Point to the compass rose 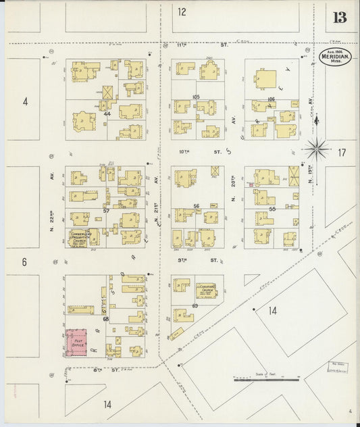coord(316,148)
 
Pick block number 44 coord(107,114)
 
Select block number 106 coord(272,99)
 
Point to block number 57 coord(106,211)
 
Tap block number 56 coord(197,207)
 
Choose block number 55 coord(272,209)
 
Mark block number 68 coord(105,318)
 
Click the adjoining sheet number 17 coord(342,153)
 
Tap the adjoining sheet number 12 coord(182,11)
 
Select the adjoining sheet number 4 coord(25,102)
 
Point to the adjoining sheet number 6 coord(24,261)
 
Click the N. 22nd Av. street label coord(51,203)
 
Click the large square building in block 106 coord(267,80)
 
